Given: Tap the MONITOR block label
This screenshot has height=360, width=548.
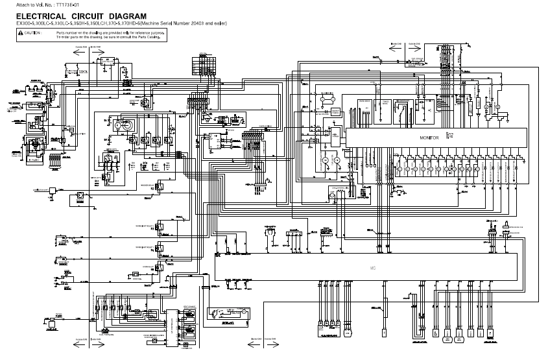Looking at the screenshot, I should click(429, 138).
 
